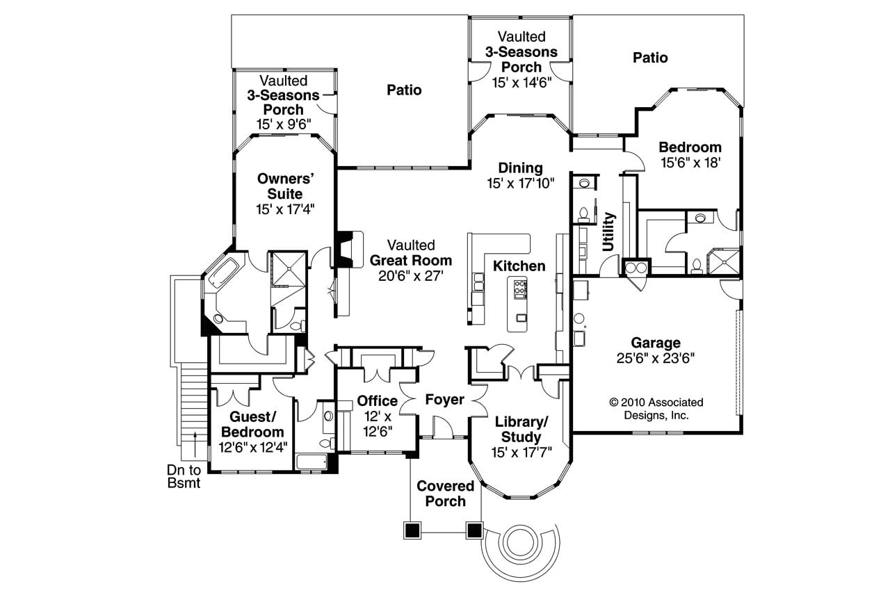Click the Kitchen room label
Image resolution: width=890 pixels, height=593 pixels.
coord(519,266)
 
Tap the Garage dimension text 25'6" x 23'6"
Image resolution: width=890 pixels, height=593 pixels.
coord(656,358)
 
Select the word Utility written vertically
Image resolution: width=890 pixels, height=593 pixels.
coord(608,232)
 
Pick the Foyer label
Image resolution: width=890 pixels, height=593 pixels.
coord(444,400)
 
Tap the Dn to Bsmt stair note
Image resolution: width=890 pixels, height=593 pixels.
coord(184,477)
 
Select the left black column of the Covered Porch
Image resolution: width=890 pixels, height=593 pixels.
coord(412,530)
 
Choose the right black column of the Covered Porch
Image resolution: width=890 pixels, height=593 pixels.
coord(474,530)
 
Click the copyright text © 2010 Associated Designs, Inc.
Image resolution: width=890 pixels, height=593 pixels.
coord(656,409)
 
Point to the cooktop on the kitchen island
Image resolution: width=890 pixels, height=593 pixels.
coord(520,289)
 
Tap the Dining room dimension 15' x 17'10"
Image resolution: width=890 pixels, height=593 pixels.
coord(521,184)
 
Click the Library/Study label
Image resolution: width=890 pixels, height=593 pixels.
coord(521,430)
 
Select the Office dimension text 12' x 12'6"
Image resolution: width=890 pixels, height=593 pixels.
coord(378,424)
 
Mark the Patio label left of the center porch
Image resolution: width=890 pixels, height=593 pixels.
coord(404,90)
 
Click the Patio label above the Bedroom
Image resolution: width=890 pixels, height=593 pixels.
coord(650,58)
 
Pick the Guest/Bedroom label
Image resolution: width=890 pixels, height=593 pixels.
coord(252,425)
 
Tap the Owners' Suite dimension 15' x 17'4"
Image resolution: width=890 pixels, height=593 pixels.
coord(285,209)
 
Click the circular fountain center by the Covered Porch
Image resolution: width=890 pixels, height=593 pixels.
coord(520,542)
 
